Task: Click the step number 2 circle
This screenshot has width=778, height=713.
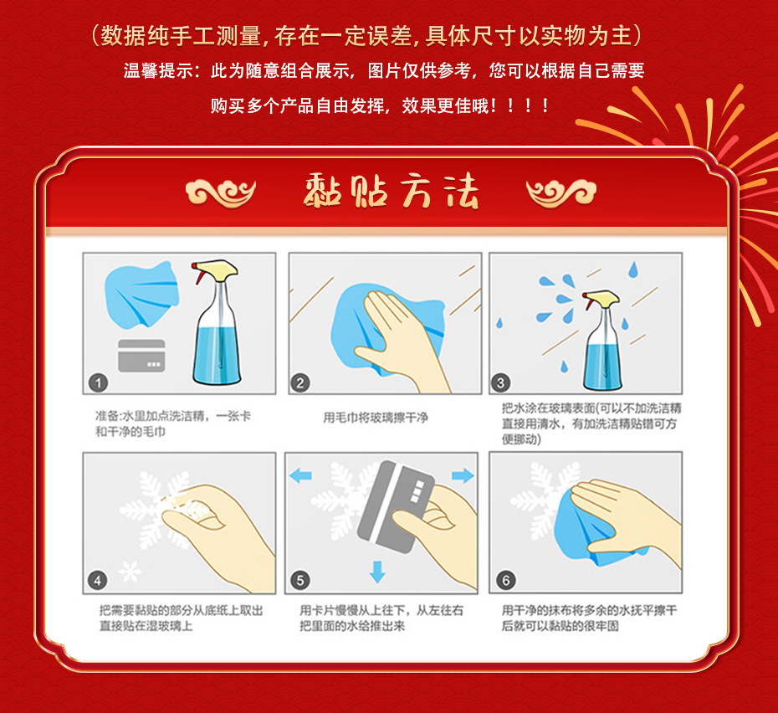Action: pos(299,383)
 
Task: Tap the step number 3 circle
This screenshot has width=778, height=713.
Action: pos(500,383)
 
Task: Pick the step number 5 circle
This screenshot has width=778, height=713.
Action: pos(300,580)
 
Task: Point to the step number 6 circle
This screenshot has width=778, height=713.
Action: pos(505,580)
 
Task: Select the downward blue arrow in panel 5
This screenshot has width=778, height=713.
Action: pos(377,572)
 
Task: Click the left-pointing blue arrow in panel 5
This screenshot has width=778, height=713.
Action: pos(300,475)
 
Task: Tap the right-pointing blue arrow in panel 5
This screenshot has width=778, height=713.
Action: pos(462,475)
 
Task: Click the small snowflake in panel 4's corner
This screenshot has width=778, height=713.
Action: pos(129,572)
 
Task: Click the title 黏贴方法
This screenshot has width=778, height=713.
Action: pos(390,192)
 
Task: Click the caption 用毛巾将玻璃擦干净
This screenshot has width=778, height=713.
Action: pos(375,417)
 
